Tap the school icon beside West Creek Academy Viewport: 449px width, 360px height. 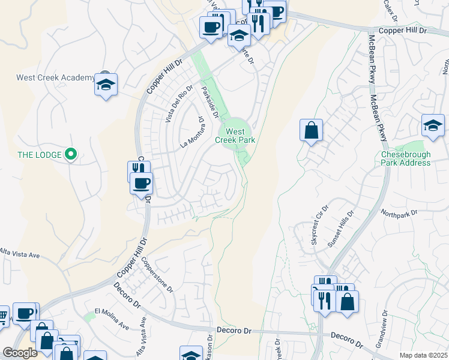[106, 85]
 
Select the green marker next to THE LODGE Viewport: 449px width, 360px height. [70, 155]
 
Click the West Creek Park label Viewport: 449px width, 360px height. [235, 136]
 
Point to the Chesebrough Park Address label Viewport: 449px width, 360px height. [406, 158]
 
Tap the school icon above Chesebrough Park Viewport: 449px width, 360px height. [433, 126]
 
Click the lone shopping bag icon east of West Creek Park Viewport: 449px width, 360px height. [311, 131]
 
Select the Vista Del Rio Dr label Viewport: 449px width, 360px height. [179, 104]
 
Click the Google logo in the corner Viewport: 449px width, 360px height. [20, 353]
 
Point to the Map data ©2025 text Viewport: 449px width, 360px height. [423, 355]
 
